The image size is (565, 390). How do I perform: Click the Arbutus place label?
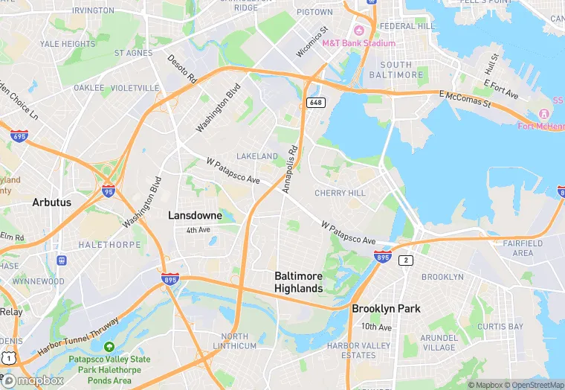coord(51,202)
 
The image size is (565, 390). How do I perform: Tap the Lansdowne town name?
coord(195,215)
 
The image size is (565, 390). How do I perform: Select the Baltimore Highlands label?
coord(298,282)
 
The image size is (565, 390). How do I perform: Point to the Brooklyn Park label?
coord(386,308)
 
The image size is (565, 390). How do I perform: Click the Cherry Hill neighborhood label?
coord(340,193)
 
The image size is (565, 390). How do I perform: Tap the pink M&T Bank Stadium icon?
coord(359,31)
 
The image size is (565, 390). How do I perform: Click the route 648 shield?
coord(316,102)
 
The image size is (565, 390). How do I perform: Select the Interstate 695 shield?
coord(20,136)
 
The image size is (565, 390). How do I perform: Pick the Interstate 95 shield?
coord(109,191)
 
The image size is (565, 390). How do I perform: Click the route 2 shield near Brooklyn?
coord(406,260)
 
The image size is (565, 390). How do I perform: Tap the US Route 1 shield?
coord(8,358)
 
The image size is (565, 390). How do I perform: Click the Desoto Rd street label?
coord(182,68)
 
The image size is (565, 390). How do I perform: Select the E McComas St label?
coord(465,98)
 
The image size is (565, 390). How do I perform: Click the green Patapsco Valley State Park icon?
coord(109,347)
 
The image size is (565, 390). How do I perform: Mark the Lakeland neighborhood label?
coord(257,156)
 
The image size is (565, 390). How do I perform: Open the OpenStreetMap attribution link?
coord(533,385)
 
